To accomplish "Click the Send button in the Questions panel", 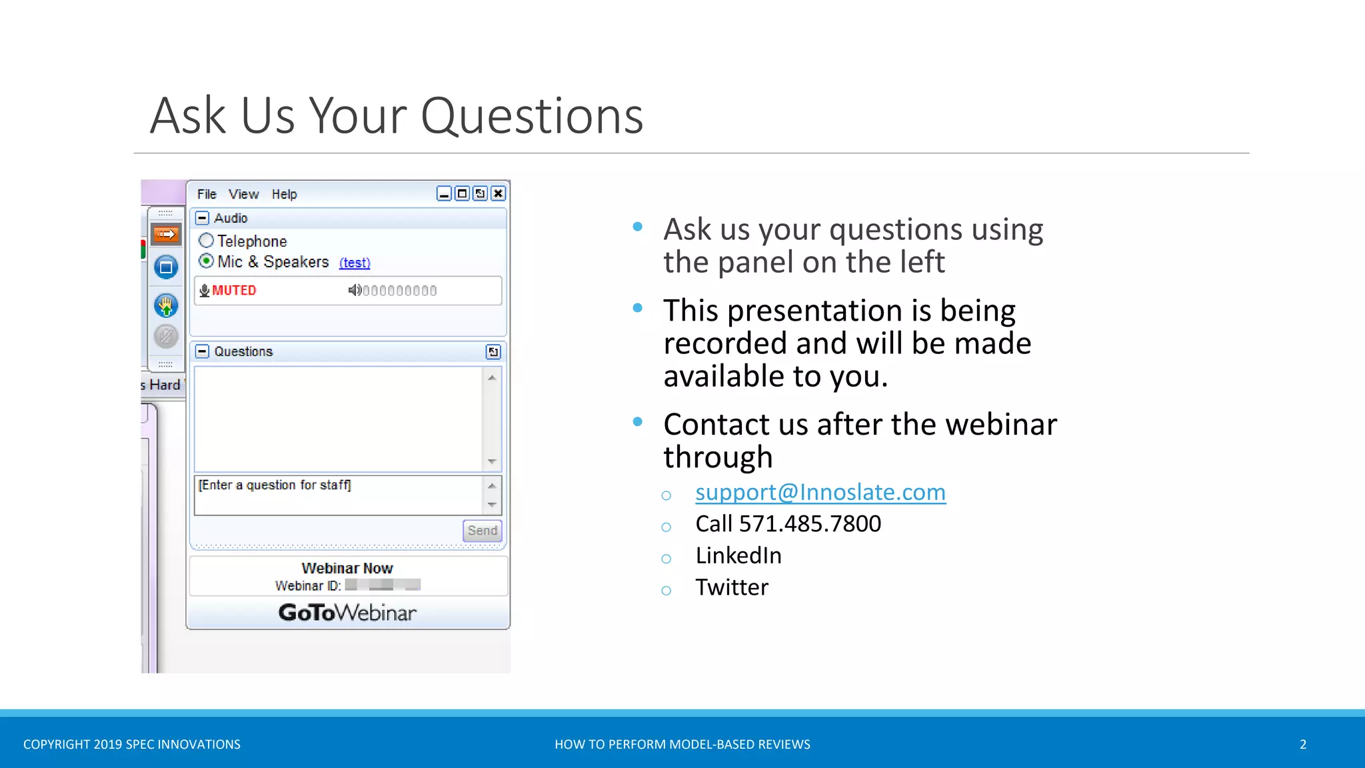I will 482,531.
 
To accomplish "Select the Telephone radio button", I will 207,241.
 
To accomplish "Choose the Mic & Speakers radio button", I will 207,261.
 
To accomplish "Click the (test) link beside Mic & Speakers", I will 355,263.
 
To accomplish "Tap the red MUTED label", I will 234,291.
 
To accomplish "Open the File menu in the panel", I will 207,194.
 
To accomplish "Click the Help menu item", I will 284,194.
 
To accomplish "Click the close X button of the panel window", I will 498,193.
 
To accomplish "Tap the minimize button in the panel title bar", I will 444,193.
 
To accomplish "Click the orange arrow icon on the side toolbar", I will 166,234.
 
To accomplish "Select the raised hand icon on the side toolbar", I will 166,306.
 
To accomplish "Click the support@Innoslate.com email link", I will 820,492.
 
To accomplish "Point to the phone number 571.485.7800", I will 810,524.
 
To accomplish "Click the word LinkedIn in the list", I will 738,555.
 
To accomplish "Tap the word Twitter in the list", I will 732,587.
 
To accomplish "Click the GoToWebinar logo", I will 347,612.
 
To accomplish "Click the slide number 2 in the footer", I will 1303,744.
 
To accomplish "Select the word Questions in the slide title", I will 532,116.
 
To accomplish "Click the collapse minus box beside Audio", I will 202,218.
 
